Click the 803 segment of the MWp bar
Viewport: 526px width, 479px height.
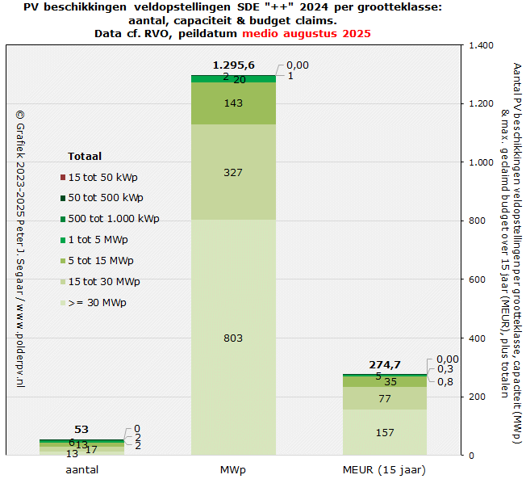click(x=233, y=338)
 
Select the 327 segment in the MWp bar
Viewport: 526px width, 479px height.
click(x=233, y=172)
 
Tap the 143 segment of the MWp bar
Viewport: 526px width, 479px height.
click(x=233, y=103)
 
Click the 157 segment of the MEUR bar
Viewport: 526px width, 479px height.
click(x=385, y=433)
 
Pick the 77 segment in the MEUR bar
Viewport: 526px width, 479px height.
click(x=385, y=398)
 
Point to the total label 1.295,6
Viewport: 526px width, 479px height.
click(x=233, y=65)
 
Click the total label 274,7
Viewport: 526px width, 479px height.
click(x=385, y=364)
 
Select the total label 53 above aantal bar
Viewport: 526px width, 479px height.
click(x=81, y=429)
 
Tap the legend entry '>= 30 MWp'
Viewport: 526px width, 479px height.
click(x=97, y=303)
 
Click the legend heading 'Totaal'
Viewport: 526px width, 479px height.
click(x=84, y=156)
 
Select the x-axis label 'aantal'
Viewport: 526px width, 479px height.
click(x=81, y=469)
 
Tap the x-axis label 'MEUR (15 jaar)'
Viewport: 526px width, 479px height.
click(x=385, y=469)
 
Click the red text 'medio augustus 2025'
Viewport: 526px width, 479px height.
click(x=307, y=34)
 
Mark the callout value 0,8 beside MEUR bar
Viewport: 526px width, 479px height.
click(x=445, y=381)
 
